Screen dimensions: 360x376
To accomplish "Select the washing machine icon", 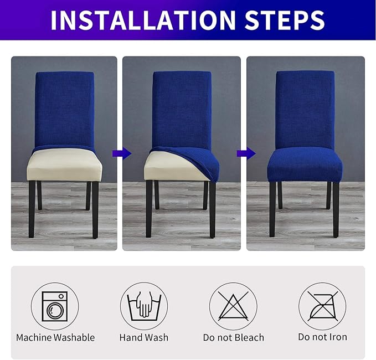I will tap(55, 306).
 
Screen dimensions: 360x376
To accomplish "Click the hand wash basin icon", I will tap(143, 306).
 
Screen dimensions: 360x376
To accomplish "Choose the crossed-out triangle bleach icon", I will tap(233, 306).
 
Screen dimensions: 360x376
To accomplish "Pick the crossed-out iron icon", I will tap(322, 306).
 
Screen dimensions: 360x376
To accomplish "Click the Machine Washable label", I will tap(55, 337).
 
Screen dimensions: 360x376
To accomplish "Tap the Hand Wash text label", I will tap(144, 337).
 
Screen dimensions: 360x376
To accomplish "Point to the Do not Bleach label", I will tap(233, 337).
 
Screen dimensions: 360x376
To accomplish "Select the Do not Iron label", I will tap(322, 337).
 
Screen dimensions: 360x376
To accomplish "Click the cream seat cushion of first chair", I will tap(64, 165).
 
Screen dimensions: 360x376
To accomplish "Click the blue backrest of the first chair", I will tap(65, 111).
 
